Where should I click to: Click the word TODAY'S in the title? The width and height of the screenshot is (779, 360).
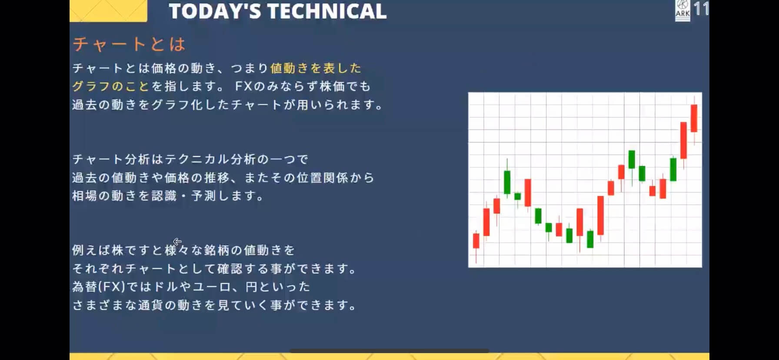(215, 11)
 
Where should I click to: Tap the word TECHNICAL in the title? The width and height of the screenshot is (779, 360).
(327, 11)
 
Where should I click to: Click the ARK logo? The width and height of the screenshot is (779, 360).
(682, 10)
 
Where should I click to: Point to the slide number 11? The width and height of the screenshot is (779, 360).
(701, 9)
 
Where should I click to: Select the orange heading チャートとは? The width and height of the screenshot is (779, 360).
(130, 44)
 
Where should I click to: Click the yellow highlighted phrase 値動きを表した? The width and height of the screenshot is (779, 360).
(316, 68)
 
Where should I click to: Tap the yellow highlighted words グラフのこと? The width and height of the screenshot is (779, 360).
(110, 87)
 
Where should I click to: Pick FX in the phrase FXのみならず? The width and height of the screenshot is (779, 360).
(243, 87)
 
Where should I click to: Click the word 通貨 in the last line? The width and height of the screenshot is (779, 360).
(150, 305)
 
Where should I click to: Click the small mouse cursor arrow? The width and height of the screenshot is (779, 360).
(177, 241)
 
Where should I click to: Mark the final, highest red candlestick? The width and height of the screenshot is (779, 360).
(694, 118)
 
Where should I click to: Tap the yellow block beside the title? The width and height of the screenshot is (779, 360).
(108, 10)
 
